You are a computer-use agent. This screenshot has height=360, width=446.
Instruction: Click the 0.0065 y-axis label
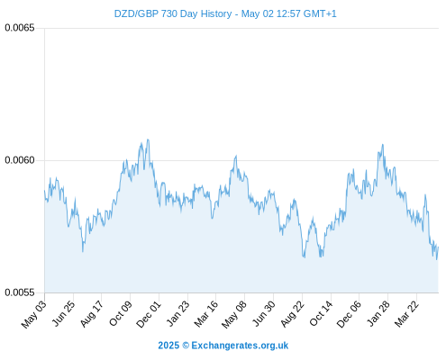20,28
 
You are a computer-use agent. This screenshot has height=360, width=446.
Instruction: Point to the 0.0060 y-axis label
20,160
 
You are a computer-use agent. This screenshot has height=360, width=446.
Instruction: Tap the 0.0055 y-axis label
20,292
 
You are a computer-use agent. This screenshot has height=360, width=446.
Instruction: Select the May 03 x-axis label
34,314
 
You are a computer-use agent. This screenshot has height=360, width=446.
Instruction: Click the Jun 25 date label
63,313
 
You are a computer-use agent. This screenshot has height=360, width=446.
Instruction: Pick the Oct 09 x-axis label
121,313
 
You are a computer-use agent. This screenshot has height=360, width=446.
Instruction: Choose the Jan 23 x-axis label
178,313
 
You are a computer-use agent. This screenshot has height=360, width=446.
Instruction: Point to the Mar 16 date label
206,313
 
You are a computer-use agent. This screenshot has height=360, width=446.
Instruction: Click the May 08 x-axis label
234,314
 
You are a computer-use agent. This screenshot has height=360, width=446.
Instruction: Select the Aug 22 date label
293,313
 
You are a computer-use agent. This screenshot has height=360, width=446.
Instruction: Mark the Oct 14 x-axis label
321,313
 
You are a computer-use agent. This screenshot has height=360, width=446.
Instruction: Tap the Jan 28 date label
378,313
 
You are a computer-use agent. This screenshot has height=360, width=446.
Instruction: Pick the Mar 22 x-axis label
406,313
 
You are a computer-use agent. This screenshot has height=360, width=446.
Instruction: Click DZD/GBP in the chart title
136,13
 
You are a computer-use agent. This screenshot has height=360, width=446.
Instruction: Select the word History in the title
216,14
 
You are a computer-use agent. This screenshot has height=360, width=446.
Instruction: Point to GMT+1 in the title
320,13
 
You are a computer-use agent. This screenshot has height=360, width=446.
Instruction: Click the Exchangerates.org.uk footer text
240,346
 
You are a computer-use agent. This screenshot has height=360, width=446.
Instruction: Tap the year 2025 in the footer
168,346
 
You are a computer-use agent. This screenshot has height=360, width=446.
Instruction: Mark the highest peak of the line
148,139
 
